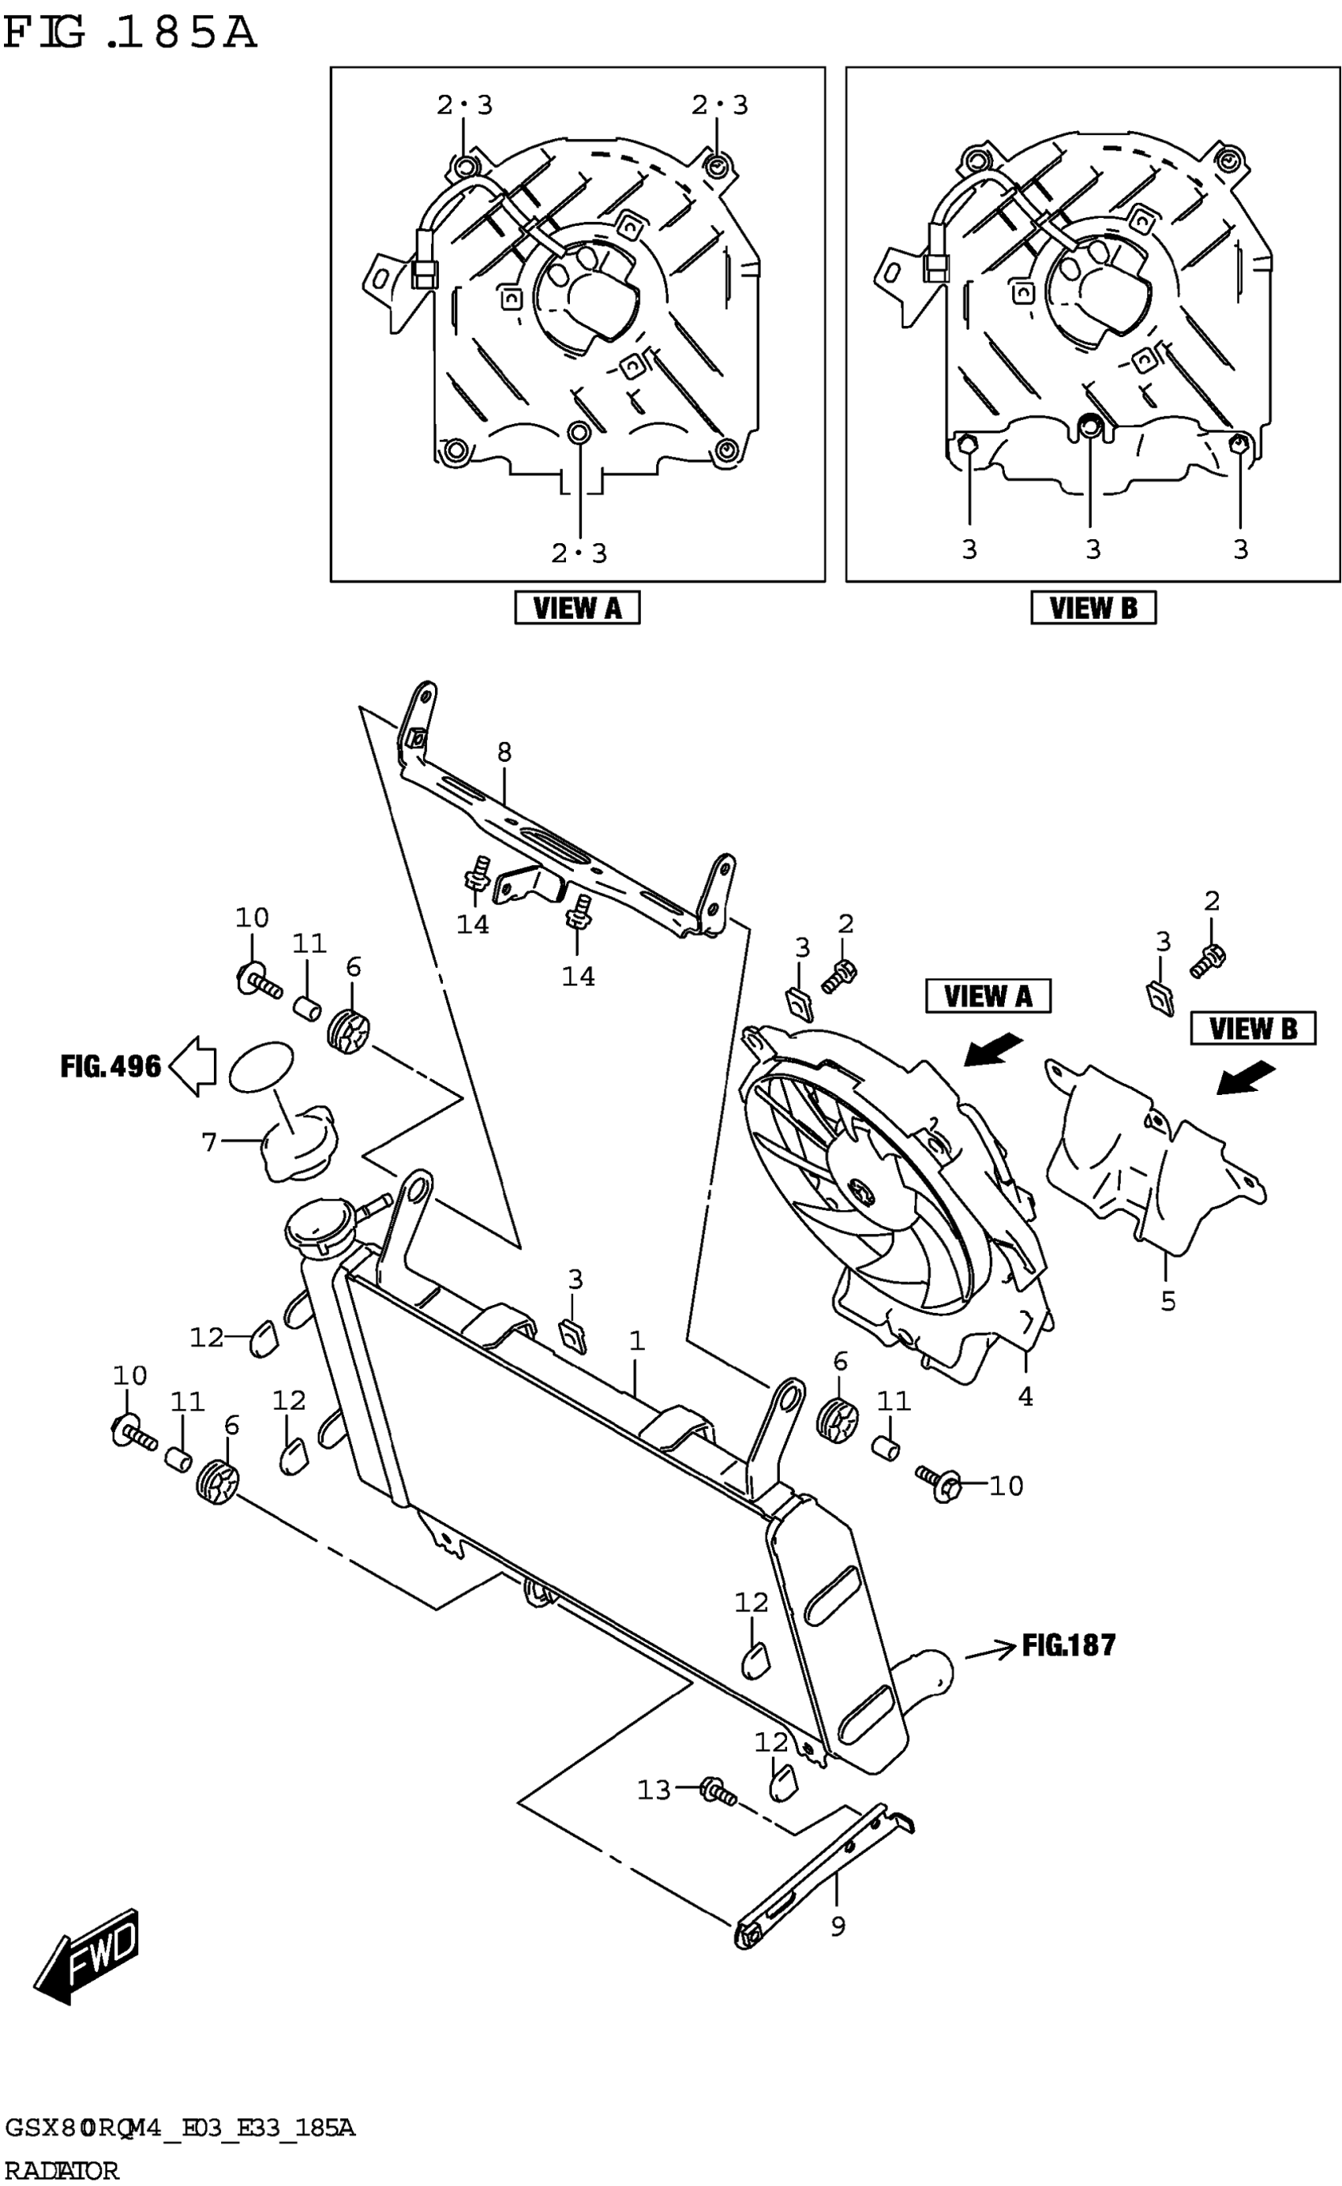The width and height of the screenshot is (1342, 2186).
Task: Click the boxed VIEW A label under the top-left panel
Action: [577, 608]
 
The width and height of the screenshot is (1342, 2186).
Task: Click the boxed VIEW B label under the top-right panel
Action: [1093, 608]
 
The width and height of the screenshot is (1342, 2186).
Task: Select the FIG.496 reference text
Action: [110, 1066]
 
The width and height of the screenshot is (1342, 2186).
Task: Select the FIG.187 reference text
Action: [1068, 1644]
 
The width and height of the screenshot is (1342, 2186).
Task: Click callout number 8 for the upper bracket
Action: [504, 752]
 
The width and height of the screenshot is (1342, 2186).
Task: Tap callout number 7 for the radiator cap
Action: [209, 1142]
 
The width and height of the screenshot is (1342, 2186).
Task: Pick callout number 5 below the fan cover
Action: [1168, 1301]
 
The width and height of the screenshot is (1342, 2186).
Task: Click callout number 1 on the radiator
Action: [636, 1341]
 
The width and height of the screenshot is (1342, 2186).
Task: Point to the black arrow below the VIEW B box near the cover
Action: [1244, 1079]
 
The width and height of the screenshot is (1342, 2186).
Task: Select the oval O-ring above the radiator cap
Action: [261, 1067]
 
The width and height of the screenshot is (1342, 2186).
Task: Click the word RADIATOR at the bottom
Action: [59, 2171]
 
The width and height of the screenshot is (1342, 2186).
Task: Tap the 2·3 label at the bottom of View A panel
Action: [579, 554]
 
